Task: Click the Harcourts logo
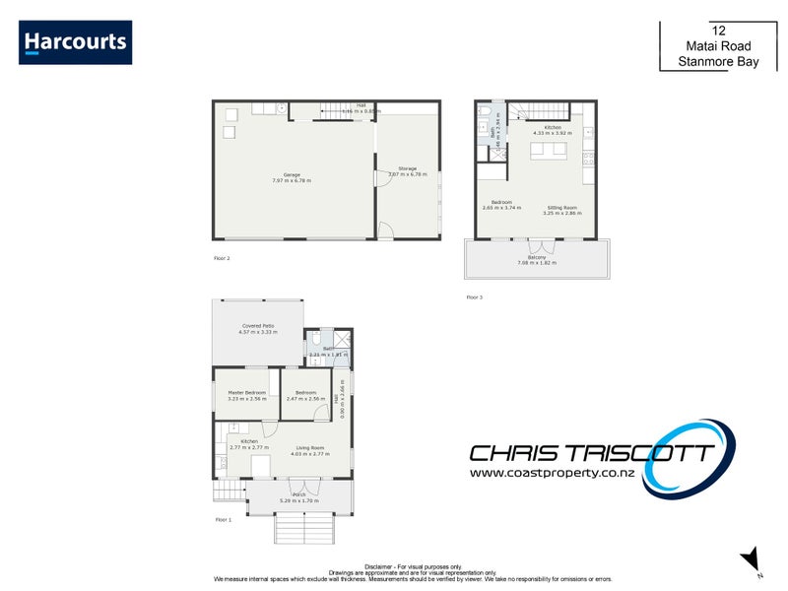pyautogui.click(x=75, y=42)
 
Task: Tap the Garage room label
pyautogui.click(x=292, y=177)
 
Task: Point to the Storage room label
pyautogui.click(x=407, y=170)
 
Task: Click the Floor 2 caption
pyautogui.click(x=222, y=258)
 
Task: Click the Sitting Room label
pyautogui.click(x=561, y=210)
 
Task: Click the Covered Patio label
pyautogui.click(x=258, y=329)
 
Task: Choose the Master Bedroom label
pyautogui.click(x=246, y=395)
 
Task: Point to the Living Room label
pyautogui.click(x=310, y=450)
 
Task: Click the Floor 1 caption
pyautogui.click(x=224, y=519)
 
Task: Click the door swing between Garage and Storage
pyautogui.click(x=382, y=180)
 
